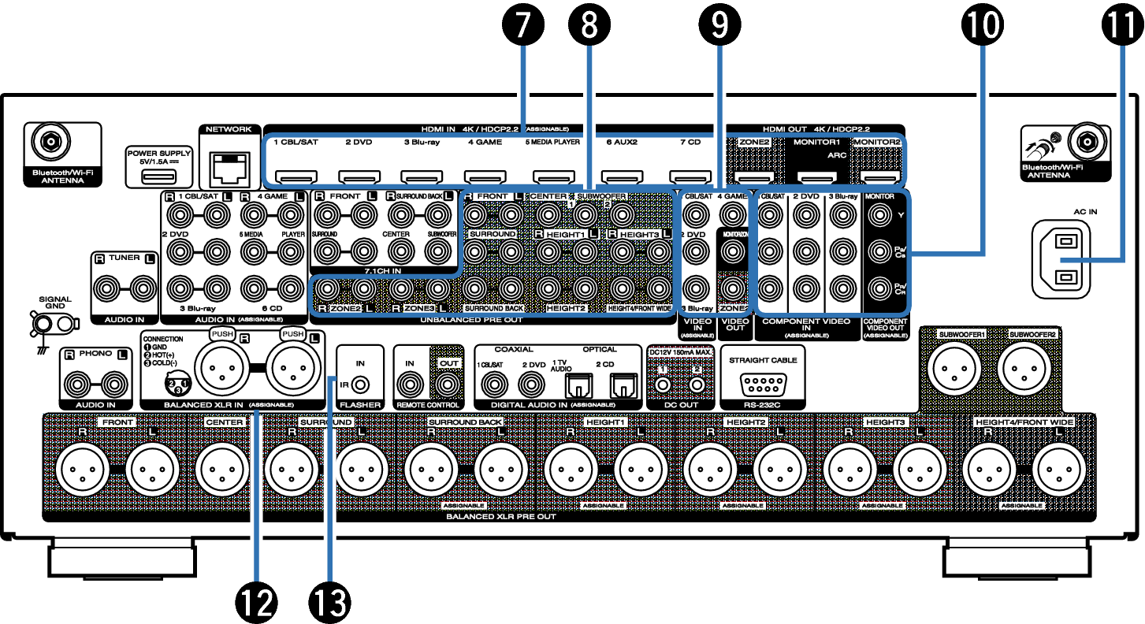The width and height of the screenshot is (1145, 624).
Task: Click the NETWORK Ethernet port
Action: [228, 166]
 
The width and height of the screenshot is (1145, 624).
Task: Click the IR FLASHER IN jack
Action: [361, 384]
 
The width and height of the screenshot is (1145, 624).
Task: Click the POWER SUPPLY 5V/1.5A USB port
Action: [154, 174]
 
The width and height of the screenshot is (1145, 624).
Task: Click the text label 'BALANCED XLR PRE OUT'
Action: [501, 517]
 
